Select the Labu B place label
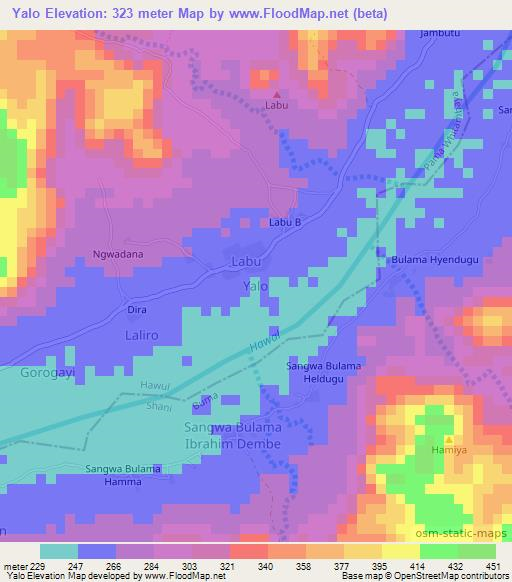point(284,222)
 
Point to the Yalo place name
point(256,287)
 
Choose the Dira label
point(136,310)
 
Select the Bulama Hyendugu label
point(431,261)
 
